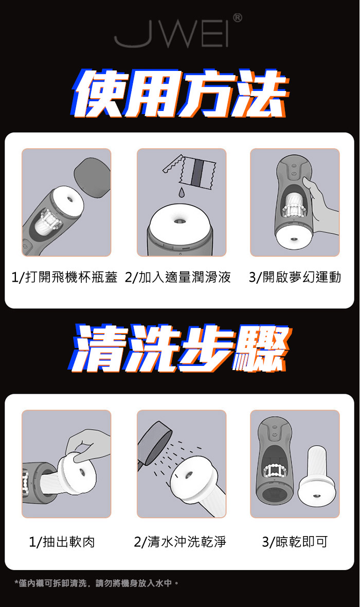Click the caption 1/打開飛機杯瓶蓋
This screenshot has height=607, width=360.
(x=64, y=277)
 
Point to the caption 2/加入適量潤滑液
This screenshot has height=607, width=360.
(x=178, y=277)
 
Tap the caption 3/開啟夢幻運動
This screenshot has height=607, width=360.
(x=295, y=277)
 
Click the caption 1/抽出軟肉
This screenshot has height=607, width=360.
(x=62, y=542)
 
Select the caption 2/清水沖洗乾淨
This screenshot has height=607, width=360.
(x=180, y=542)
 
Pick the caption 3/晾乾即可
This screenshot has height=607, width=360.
(x=295, y=542)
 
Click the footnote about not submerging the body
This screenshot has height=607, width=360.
(x=97, y=583)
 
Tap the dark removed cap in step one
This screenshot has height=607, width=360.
(x=93, y=177)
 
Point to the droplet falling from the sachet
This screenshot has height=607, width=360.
(x=182, y=192)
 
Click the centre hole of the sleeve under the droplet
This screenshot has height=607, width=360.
(x=179, y=221)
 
